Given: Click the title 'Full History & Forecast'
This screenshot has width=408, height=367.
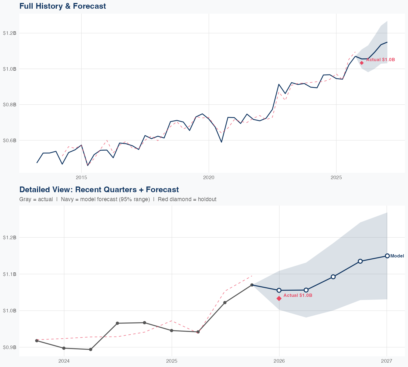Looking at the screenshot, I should click(x=63, y=6).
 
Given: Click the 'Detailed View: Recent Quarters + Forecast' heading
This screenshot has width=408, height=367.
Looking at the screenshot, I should click(x=99, y=189).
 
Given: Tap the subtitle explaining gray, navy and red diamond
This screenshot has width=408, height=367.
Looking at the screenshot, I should click(x=118, y=199).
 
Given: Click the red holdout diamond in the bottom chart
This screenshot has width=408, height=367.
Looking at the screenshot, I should click(x=279, y=298).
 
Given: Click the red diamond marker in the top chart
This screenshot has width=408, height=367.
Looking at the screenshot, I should click(x=362, y=63).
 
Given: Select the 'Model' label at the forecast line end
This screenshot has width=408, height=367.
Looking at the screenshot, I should click(x=397, y=256).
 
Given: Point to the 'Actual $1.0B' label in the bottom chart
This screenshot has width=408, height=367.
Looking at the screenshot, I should click(x=298, y=295).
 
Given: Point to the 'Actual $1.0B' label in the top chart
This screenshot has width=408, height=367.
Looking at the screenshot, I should click(x=380, y=60).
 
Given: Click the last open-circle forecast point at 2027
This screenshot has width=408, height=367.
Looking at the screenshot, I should click(x=387, y=256).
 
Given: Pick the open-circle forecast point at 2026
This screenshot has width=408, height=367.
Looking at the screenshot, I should click(x=279, y=290).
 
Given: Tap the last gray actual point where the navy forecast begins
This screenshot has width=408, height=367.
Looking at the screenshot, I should click(x=252, y=285).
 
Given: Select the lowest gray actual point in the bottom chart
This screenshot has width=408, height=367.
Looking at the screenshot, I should click(x=91, y=349).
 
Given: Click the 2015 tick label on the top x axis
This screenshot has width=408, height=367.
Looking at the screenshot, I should click(x=81, y=178).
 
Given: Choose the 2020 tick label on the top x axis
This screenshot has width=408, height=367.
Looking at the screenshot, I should click(x=209, y=178).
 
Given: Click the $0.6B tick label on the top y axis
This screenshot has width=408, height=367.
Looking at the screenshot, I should click(x=10, y=140).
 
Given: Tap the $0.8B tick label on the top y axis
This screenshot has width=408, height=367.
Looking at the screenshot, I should click(x=10, y=104).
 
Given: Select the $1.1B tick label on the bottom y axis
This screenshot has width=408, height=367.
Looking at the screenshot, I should click(x=10, y=274).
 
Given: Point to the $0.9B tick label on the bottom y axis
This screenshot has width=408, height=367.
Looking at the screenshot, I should click(x=10, y=347).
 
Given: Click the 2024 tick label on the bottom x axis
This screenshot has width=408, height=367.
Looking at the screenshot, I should click(x=64, y=361).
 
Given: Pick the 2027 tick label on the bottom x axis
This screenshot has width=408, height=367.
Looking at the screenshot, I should click(x=387, y=361).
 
